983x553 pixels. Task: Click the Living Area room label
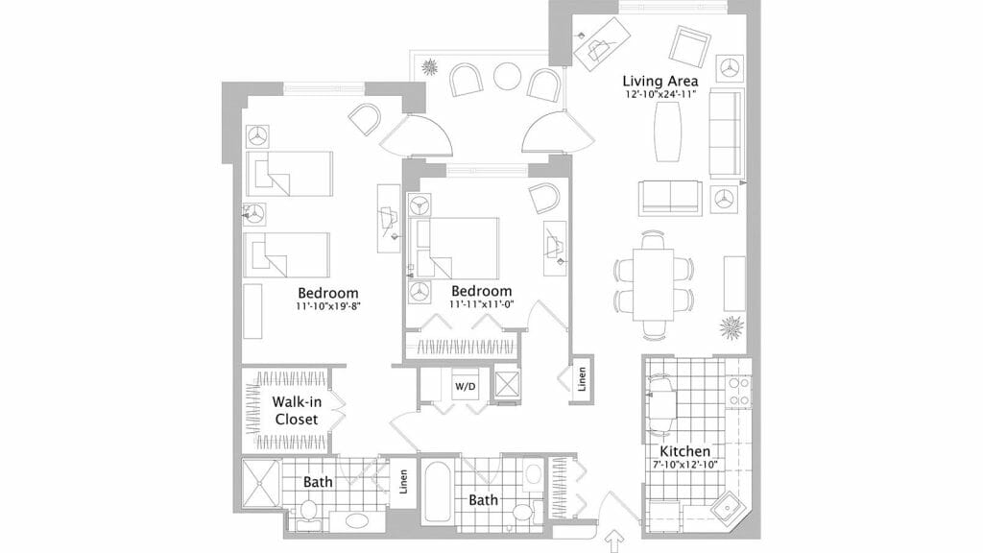pos(659,81)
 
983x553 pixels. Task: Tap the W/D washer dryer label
pos(466,387)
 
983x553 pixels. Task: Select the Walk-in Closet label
pos(297,411)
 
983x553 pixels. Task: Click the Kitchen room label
pos(684,451)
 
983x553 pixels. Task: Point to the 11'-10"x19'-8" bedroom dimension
pos(328,306)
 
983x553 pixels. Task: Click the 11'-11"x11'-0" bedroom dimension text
pos(482,304)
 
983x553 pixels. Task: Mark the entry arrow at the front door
pos(615,541)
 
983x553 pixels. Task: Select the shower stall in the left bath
pos(261,483)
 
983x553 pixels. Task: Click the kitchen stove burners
pos(738,392)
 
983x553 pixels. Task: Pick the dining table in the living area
pos(653,283)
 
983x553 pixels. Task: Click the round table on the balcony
pos(507,77)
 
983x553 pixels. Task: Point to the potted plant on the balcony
pos(430,66)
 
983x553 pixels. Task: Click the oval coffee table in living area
pos(668,132)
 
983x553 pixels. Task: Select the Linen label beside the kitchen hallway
pos(583,379)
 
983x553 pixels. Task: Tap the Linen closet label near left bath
pos(404,482)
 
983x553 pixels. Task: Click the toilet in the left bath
pos(308,511)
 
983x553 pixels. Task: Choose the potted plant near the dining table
pos(731,327)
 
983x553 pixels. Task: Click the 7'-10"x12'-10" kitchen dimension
pos(684,466)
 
